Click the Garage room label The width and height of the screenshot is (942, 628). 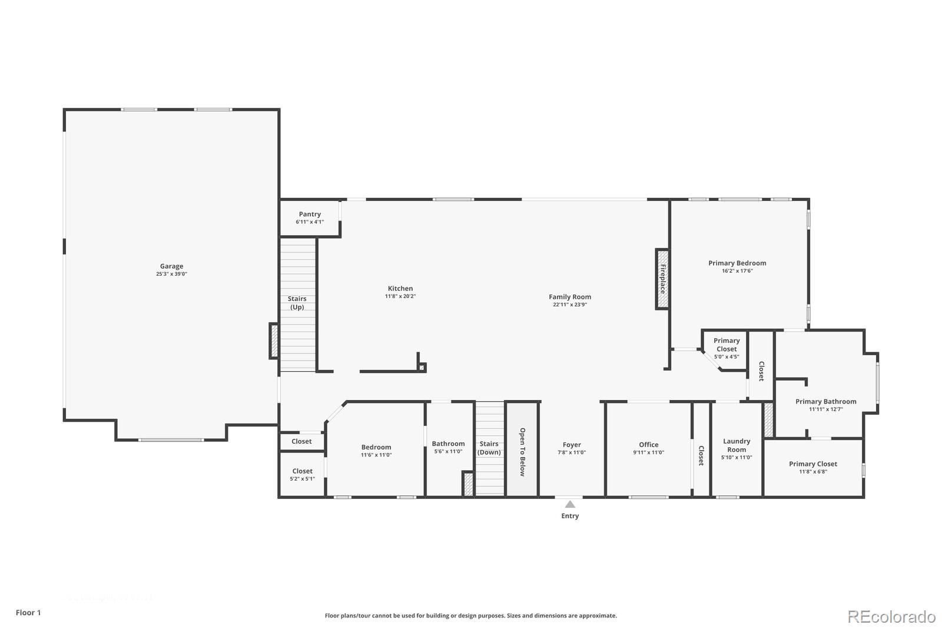tap(171, 266)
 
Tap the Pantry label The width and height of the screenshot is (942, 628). tap(310, 214)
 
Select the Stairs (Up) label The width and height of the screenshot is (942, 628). tap(297, 303)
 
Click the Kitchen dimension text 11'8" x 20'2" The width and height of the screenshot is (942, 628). tap(400, 296)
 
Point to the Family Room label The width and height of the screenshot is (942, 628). tap(569, 297)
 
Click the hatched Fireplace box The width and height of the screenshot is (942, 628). tap(662, 279)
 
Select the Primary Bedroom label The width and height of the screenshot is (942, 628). tap(737, 263)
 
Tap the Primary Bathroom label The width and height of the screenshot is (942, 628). tap(825, 402)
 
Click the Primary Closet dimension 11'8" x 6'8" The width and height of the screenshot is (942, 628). tap(813, 471)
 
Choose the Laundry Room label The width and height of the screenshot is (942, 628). tap(737, 445)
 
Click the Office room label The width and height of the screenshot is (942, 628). tap(648, 445)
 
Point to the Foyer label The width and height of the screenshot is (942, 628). tap(572, 445)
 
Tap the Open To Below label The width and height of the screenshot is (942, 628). tap(522, 452)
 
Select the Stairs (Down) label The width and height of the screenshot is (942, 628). tap(489, 448)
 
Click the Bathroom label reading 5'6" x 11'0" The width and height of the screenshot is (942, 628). tap(448, 451)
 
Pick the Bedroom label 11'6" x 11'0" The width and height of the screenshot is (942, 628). tap(376, 455)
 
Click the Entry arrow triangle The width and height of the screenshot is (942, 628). tap(570, 504)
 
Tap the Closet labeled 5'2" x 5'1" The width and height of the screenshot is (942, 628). tap(302, 478)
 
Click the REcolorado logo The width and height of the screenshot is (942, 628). tap(891, 617)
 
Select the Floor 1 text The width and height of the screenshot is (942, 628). tap(28, 613)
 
